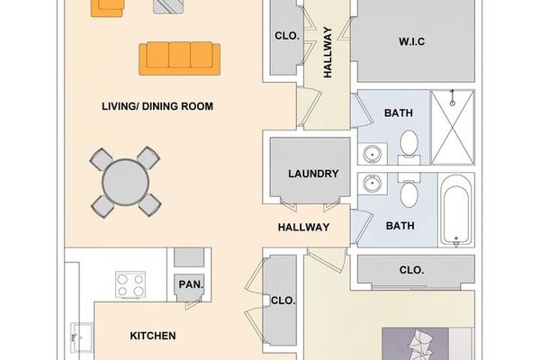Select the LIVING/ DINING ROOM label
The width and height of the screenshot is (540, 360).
(x=157, y=106)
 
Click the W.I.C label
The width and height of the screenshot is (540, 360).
(x=410, y=41)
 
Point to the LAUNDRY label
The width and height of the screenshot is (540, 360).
(x=312, y=174)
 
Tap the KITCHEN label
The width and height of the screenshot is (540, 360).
(x=153, y=337)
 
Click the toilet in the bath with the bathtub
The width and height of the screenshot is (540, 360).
(x=408, y=194)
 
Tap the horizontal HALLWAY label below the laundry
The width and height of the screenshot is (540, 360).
(x=302, y=228)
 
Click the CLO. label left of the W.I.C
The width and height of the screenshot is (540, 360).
(x=286, y=37)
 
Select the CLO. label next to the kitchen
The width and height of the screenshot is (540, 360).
(x=283, y=301)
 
